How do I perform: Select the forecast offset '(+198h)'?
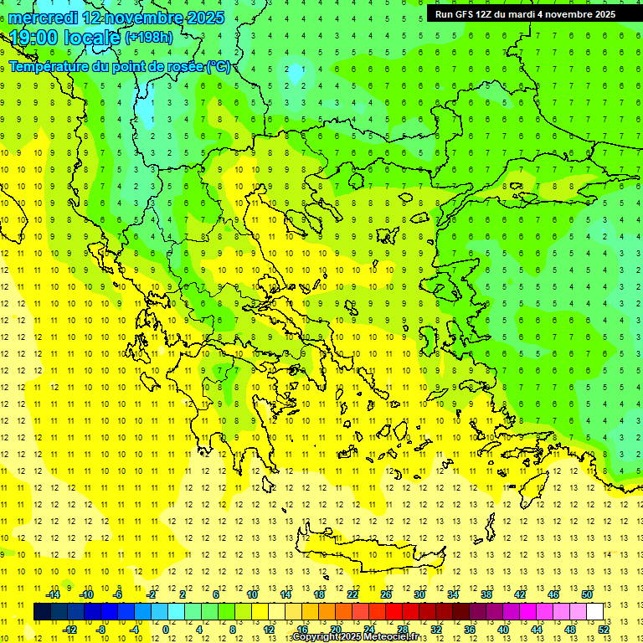(x=151, y=38)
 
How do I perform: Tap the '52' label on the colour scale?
(x=603, y=629)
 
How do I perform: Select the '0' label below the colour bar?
(x=167, y=629)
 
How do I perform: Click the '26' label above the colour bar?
(x=385, y=594)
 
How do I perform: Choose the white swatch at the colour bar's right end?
(x=594, y=611)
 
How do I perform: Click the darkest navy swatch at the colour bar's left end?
(x=43, y=611)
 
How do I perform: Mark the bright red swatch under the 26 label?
(x=394, y=611)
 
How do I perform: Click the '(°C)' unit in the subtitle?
(x=219, y=67)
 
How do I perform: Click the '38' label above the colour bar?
(x=486, y=594)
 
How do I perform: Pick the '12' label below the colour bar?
(x=268, y=629)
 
